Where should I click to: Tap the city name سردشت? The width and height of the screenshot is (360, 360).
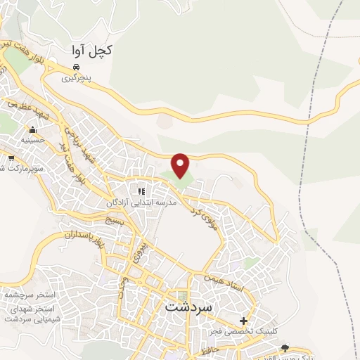click(192, 308)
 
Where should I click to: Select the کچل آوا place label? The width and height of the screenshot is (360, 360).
click(92, 51)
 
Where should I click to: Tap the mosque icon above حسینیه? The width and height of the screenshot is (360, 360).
click(32, 129)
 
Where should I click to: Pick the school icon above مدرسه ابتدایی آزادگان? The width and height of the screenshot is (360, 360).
click(141, 191)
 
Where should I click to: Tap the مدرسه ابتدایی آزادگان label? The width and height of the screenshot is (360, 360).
click(139, 202)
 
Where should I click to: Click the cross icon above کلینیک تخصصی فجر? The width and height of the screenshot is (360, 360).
click(243, 321)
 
